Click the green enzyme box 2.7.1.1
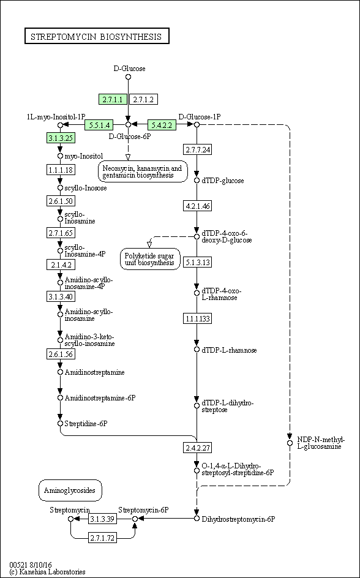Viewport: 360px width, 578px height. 113,99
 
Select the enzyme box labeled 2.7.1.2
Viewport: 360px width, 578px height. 145,99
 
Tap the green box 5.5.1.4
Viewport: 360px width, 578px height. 99,125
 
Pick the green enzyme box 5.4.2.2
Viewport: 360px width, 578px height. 162,125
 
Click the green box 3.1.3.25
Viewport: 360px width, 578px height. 61,138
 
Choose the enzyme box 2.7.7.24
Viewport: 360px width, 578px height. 197,149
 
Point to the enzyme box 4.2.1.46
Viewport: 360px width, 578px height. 197,206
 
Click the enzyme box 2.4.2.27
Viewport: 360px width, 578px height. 197,448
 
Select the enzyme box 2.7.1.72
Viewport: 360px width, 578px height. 102,538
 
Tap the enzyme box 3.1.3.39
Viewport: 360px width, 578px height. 102,519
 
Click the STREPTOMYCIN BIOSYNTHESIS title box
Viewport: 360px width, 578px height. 97,37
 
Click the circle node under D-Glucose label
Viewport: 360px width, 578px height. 128,77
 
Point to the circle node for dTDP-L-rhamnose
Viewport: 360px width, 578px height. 197,350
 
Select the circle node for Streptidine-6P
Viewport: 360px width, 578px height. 61,423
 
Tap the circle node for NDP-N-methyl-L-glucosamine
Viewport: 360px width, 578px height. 290,443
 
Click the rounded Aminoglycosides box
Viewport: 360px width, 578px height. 70,490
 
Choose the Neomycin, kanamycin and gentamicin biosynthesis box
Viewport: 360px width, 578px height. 142,171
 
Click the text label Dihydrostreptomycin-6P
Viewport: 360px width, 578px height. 239,519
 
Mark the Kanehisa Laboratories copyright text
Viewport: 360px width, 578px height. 48,572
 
